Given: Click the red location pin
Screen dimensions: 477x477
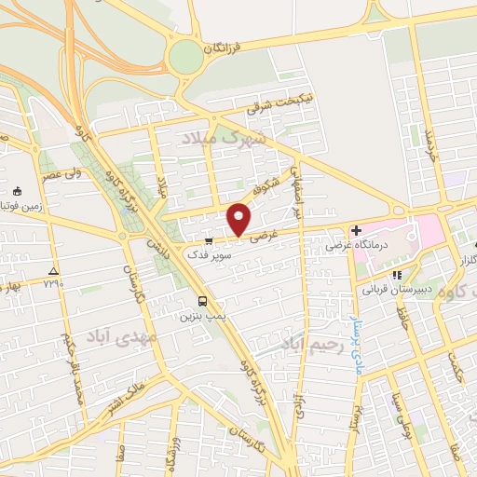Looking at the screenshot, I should (239, 219).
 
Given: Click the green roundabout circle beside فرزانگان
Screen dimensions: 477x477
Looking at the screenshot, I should (185, 57).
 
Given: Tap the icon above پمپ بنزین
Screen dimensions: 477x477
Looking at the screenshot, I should (202, 301).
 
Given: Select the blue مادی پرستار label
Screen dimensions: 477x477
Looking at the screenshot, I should (354, 343).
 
